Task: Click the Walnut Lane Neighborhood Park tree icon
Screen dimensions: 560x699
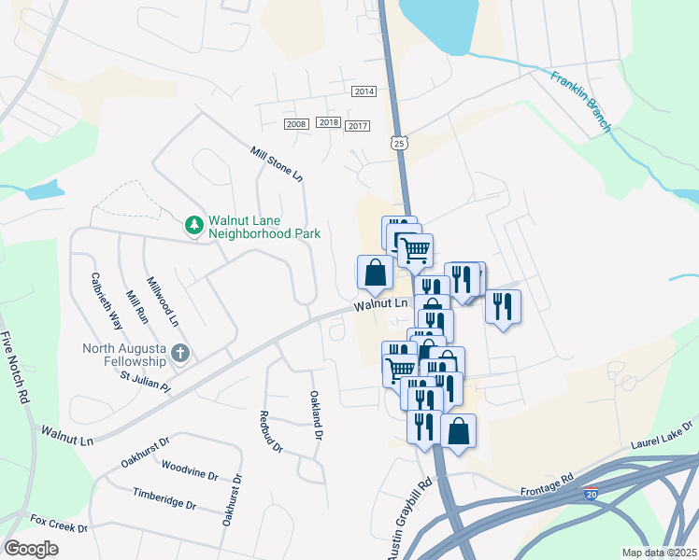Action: click(x=193, y=224)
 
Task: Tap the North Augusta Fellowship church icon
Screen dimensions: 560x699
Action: click(x=181, y=354)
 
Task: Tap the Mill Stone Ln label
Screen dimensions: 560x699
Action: click(x=277, y=163)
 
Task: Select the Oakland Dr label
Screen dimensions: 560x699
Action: click(x=317, y=415)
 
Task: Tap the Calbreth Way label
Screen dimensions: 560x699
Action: click(x=107, y=301)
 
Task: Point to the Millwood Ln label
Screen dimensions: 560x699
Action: click(x=163, y=301)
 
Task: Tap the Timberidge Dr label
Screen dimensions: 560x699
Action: click(x=164, y=498)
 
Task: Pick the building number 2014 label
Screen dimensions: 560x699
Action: click(x=364, y=91)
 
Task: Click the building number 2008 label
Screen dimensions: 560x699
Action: click(x=296, y=124)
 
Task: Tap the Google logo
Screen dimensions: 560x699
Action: click(x=31, y=549)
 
